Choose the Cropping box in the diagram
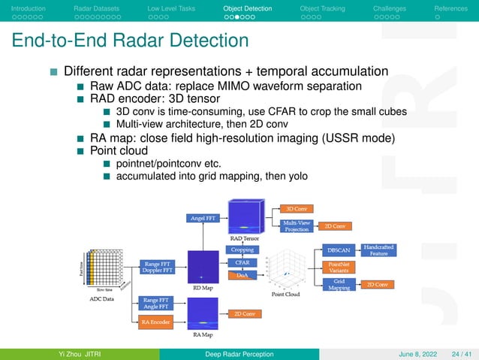pos(242,250)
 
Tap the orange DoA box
pos(242,276)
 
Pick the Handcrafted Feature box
pos(378,250)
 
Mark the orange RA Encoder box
pos(155,322)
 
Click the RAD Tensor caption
pos(244,237)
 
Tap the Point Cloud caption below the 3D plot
pos(286,295)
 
